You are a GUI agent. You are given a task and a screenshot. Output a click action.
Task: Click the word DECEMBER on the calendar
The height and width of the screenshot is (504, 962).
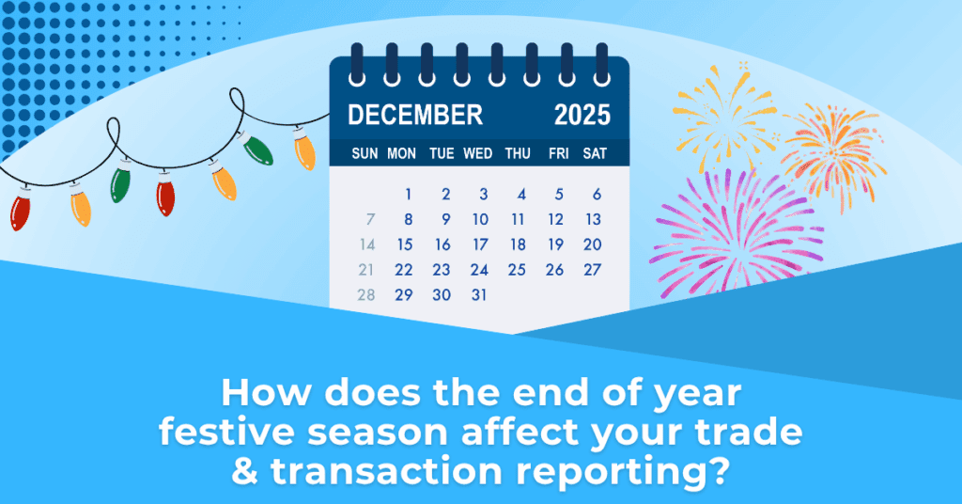point(415,115)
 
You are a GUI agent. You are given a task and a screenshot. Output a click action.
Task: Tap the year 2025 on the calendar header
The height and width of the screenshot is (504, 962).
point(582,115)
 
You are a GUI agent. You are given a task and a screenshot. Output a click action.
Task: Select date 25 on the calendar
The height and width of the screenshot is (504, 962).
point(518,270)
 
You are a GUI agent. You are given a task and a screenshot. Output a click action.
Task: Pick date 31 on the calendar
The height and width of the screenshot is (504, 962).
point(479,294)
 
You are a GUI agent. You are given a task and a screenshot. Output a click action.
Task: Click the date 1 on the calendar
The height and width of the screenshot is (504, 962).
point(408,195)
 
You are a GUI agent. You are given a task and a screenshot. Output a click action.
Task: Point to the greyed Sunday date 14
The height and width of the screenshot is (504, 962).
point(367,244)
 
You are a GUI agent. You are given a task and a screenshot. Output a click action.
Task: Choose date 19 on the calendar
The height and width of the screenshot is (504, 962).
point(555,244)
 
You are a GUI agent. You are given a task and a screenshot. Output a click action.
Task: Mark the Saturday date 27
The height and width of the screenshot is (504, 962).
point(593,270)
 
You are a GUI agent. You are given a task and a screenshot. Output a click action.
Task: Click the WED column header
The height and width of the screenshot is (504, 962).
point(478,153)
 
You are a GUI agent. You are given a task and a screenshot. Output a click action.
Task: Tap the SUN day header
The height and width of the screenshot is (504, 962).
point(365,153)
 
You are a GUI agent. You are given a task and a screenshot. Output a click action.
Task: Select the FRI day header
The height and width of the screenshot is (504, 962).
point(558,153)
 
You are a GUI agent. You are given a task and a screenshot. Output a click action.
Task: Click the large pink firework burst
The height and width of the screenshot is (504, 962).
point(737,232)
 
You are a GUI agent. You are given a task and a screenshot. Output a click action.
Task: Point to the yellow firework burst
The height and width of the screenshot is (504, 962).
point(724,114)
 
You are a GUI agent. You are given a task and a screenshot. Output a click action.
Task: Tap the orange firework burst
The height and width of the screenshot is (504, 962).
point(834,153)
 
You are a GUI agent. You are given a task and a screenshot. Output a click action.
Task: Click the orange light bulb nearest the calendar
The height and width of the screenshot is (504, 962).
point(304,150)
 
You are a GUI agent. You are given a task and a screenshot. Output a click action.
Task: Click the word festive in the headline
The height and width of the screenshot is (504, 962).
point(226,432)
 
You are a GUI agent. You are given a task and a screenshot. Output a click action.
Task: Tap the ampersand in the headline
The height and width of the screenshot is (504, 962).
point(245,471)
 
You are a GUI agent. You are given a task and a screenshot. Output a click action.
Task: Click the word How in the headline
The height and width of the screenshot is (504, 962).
point(265,392)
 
